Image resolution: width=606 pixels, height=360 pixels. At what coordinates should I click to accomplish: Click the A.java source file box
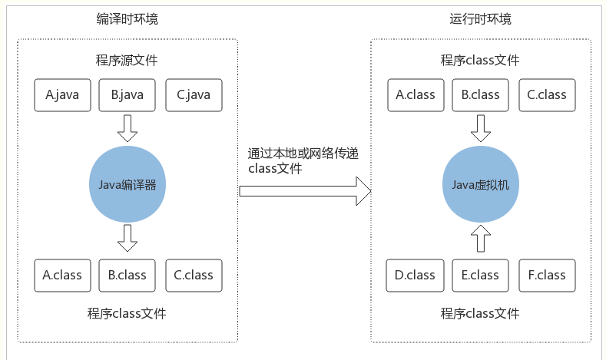coord(62,95)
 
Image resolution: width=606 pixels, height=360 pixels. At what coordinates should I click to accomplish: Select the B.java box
coord(127,95)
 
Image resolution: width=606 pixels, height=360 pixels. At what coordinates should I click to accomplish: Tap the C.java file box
coord(194,95)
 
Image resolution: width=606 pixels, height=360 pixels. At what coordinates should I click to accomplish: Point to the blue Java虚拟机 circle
coord(481,186)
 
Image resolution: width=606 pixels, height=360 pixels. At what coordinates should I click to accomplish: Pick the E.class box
coord(481,275)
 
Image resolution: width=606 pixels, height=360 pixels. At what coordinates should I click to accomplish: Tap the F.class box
coord(546,275)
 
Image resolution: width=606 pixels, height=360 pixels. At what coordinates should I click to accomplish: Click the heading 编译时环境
coord(127,19)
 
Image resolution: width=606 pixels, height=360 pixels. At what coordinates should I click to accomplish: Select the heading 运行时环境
coord(481,19)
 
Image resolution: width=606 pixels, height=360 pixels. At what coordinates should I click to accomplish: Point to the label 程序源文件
coord(127,60)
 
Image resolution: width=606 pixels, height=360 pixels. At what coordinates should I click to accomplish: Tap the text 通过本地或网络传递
coord(303,154)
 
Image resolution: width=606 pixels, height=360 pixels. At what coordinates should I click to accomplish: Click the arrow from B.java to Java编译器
coord(127,128)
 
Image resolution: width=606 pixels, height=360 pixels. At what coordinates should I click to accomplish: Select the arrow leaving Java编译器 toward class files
coord(127,239)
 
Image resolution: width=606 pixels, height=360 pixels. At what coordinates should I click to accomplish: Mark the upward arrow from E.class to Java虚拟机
coord(481,239)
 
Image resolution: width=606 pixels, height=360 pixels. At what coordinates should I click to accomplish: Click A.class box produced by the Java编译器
coord(62,275)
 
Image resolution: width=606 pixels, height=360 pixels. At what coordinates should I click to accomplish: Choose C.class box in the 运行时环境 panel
coord(546,95)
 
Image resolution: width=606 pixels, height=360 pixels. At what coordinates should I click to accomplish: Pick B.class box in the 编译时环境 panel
coord(127,275)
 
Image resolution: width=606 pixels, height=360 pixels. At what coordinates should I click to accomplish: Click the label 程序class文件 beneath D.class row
coord(481,313)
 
